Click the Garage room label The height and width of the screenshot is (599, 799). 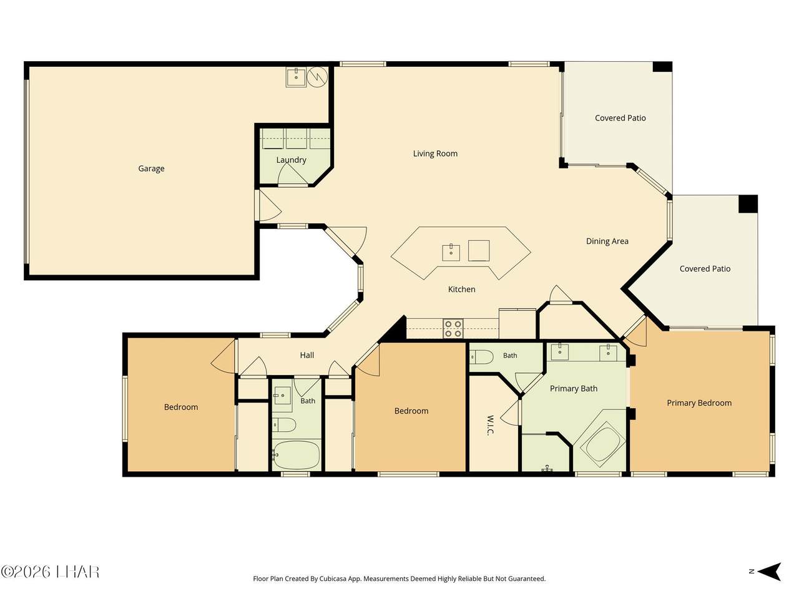click(151, 168)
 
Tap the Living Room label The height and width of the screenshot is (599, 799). click(435, 153)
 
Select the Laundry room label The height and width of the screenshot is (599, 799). click(291, 160)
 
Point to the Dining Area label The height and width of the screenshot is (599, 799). click(607, 241)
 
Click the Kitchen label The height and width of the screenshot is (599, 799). click(461, 289)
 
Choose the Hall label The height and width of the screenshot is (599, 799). click(307, 355)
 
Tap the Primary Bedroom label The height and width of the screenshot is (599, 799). click(699, 403)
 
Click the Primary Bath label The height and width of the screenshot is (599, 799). click(573, 389)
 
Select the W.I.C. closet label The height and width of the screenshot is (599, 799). click(490, 425)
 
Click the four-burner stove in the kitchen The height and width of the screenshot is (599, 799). click(453, 329)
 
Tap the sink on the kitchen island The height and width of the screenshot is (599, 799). click(451, 253)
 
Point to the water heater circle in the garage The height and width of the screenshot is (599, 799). click(317, 77)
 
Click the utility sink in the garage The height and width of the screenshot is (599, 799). click(296, 77)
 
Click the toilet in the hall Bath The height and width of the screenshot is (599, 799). click(284, 425)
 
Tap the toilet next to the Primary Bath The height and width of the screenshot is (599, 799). click(481, 357)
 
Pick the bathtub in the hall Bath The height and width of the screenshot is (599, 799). click(296, 455)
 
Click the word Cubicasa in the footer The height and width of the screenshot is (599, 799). click(333, 578)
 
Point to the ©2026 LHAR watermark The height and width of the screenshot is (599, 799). click(50, 572)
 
